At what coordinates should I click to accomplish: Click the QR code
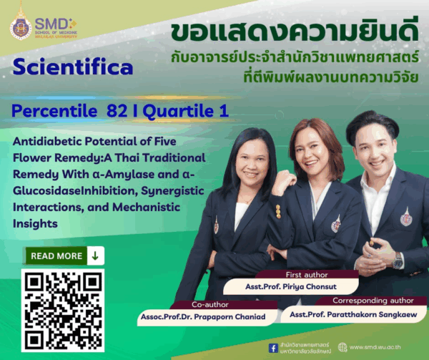point(62,311)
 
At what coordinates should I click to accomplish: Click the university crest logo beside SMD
point(20,26)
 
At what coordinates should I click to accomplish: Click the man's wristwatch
point(398,261)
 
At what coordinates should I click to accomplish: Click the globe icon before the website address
point(342,348)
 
